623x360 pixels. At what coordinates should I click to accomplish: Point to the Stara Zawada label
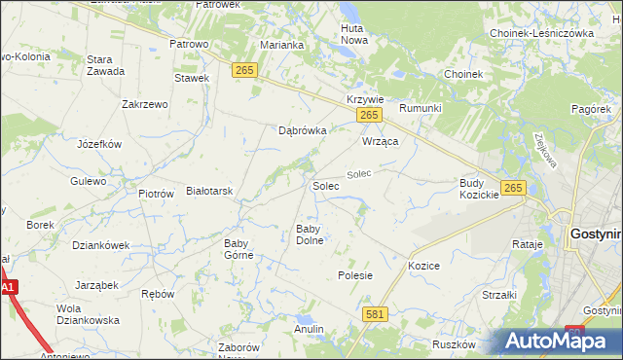click(105, 65)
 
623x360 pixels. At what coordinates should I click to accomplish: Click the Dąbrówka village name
click(302, 129)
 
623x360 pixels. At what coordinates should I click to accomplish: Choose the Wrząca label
click(382, 141)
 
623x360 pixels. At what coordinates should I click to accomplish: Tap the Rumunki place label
click(421, 108)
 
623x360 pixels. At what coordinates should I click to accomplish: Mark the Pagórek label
click(591, 110)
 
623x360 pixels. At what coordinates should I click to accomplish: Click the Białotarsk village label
click(209, 192)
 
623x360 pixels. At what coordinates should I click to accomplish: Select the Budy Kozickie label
click(479, 189)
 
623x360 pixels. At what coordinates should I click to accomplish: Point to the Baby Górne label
click(238, 249)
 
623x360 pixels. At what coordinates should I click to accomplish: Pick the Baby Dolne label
click(310, 234)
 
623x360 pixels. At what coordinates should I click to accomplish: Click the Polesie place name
click(355, 275)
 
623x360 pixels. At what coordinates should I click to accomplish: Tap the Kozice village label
click(424, 266)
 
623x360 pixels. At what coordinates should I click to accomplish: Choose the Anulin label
click(309, 329)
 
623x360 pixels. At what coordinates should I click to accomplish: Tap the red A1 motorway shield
click(9, 288)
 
